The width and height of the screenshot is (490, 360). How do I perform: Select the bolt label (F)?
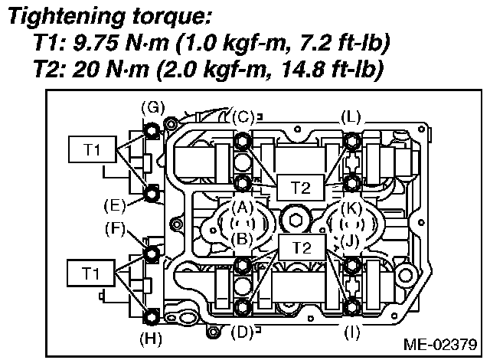(x=113, y=228)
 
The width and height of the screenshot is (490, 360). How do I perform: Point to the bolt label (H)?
(x=152, y=337)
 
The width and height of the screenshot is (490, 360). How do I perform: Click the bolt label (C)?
(x=243, y=117)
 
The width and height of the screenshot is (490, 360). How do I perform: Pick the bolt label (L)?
(x=351, y=117)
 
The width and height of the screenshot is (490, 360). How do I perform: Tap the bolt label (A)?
(x=243, y=206)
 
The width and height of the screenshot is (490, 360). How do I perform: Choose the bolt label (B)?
(x=243, y=239)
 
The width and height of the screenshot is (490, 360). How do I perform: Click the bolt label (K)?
(x=351, y=206)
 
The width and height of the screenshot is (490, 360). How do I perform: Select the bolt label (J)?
(x=351, y=239)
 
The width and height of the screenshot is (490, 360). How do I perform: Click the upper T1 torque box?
(x=91, y=150)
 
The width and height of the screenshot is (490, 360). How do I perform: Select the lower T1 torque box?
(x=91, y=273)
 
